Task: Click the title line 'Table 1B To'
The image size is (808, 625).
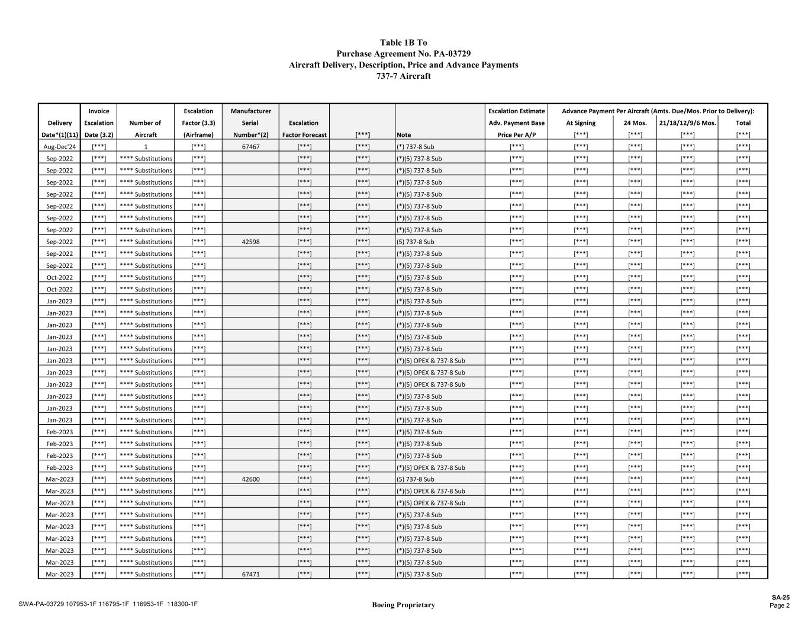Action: pos(403,43)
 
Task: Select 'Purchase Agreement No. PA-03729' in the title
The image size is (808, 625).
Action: pos(403,54)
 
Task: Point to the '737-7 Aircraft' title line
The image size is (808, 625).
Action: pos(403,76)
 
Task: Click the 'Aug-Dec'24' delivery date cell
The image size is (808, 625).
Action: pos(60,147)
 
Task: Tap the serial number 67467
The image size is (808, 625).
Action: pos(250,147)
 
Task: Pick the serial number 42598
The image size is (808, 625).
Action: pos(250,242)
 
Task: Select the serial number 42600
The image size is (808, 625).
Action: pos(250,479)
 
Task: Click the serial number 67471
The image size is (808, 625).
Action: pos(250,574)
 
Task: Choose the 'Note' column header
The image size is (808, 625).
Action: pos(404,135)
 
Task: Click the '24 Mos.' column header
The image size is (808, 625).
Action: pos(635,123)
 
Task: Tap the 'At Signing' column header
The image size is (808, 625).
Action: pos(581,123)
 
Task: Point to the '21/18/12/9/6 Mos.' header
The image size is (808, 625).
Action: pos(687,123)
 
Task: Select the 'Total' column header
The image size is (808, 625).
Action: pos(743,123)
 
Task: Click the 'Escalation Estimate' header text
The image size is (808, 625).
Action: pos(516,111)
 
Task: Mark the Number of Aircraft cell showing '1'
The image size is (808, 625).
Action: pos(146,147)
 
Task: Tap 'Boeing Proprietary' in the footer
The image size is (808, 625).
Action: pos(403,605)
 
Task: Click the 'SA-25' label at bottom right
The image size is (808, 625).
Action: pos(780,598)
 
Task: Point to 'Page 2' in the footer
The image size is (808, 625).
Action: pos(780,605)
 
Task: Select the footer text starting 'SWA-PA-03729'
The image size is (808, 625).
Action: pos(108,604)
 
